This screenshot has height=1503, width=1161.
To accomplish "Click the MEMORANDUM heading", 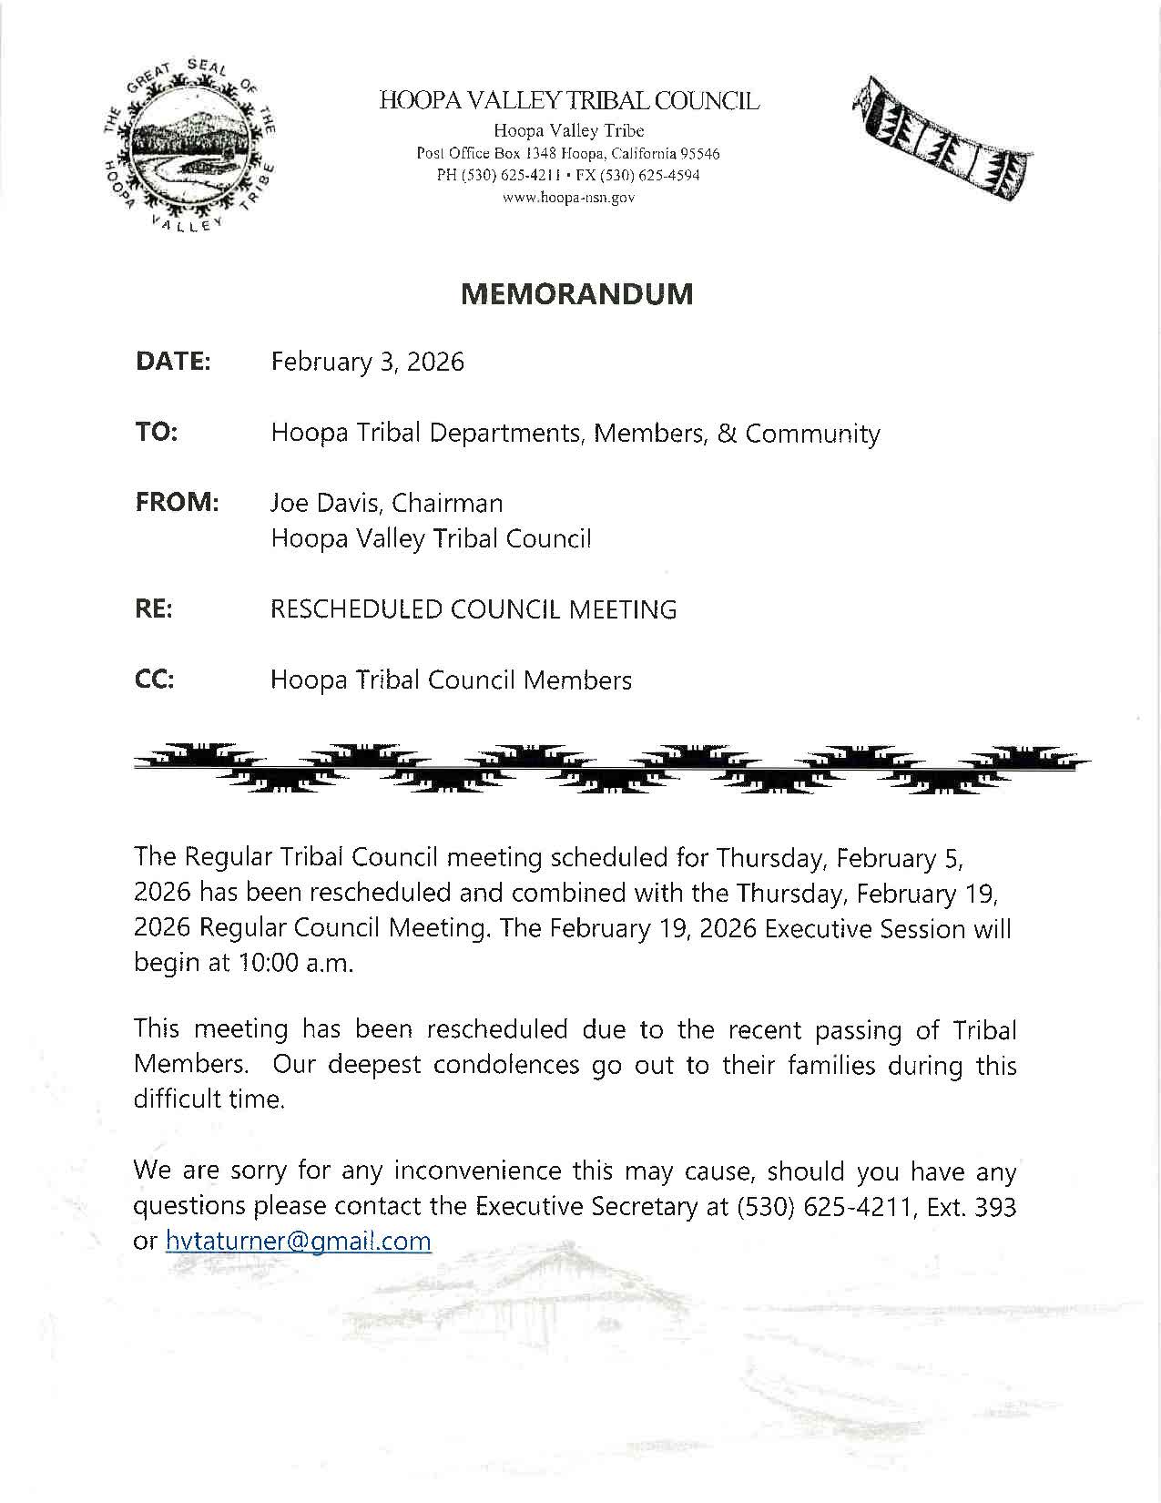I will [x=576, y=293].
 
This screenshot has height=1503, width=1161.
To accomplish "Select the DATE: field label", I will [x=173, y=362].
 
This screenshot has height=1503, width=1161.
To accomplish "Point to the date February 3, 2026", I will [x=367, y=363].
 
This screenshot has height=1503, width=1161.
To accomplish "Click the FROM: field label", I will [x=178, y=503].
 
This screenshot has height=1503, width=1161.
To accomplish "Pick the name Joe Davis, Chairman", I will [x=386, y=503].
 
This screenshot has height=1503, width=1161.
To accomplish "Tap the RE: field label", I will [x=154, y=609].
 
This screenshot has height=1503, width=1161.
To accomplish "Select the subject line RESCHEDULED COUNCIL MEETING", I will [x=474, y=609].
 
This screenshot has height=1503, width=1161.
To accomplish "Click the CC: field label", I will [x=155, y=680].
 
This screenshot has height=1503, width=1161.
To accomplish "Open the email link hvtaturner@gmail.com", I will [x=298, y=1241].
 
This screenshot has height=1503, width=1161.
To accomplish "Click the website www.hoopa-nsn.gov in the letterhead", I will [x=568, y=197].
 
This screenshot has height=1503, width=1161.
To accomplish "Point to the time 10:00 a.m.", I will [x=294, y=964].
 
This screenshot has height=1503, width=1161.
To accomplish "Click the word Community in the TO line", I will [x=812, y=434].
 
